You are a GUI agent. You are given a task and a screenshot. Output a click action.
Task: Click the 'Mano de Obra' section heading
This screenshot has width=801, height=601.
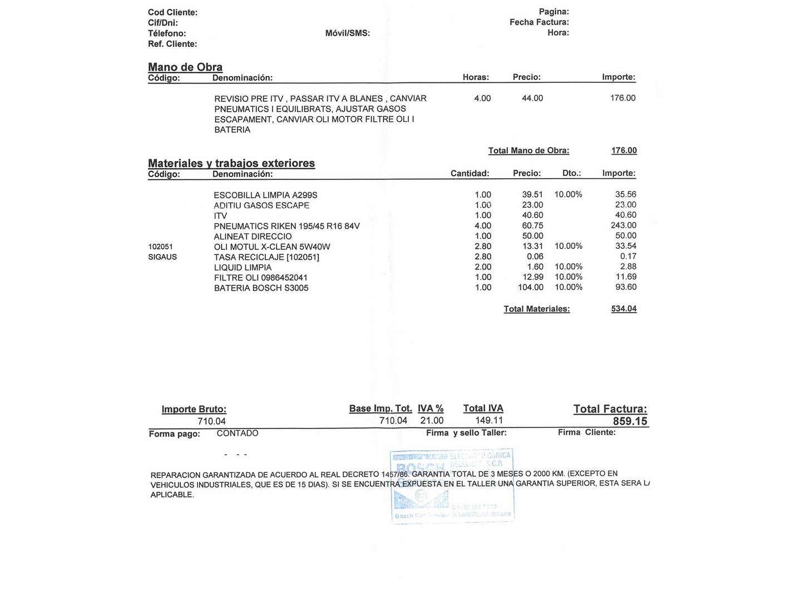(185, 67)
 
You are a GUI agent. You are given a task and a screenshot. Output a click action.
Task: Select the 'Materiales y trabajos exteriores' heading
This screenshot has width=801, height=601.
(231, 163)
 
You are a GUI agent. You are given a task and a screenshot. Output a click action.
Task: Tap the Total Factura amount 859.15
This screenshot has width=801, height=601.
(630, 421)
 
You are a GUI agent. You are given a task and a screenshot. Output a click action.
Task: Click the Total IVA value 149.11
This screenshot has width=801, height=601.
(489, 421)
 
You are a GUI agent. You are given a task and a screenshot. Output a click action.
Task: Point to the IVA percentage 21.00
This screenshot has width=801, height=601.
(432, 421)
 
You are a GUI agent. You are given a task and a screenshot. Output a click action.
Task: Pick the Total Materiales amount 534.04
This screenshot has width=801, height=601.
(624, 309)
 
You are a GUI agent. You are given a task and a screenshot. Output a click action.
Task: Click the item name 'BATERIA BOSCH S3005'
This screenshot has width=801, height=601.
(261, 288)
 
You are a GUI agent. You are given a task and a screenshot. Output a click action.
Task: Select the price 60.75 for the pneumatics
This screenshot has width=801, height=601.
(532, 225)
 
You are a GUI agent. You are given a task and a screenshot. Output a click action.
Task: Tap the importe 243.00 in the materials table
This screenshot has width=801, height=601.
(623, 225)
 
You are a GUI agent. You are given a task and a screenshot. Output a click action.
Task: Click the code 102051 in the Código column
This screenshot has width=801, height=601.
(161, 247)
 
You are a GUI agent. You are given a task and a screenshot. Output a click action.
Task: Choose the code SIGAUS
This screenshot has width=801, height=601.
(162, 257)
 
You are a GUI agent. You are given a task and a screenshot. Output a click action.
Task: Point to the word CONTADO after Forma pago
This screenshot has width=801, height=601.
(238, 433)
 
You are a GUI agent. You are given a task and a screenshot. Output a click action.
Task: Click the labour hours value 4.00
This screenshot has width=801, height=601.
(482, 98)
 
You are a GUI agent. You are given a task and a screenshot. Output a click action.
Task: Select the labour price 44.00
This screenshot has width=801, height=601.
(532, 98)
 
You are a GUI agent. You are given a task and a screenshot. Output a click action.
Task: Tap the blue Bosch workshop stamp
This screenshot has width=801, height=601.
(452, 485)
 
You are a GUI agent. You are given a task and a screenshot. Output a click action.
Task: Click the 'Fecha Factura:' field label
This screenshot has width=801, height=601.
(539, 22)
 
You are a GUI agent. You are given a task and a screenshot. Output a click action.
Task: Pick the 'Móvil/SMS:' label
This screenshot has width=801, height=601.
(348, 33)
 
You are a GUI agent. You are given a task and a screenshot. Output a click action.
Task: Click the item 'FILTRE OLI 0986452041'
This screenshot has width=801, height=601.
(261, 278)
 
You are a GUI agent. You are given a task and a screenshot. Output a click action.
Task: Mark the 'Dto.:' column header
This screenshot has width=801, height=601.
(571, 173)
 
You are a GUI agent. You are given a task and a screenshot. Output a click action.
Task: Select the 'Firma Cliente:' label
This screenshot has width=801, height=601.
(587, 432)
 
